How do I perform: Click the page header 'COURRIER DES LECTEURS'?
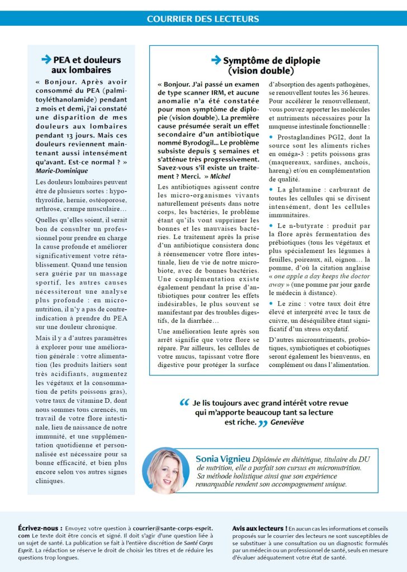click(x=203, y=18)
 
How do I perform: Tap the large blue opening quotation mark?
click(x=184, y=402)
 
